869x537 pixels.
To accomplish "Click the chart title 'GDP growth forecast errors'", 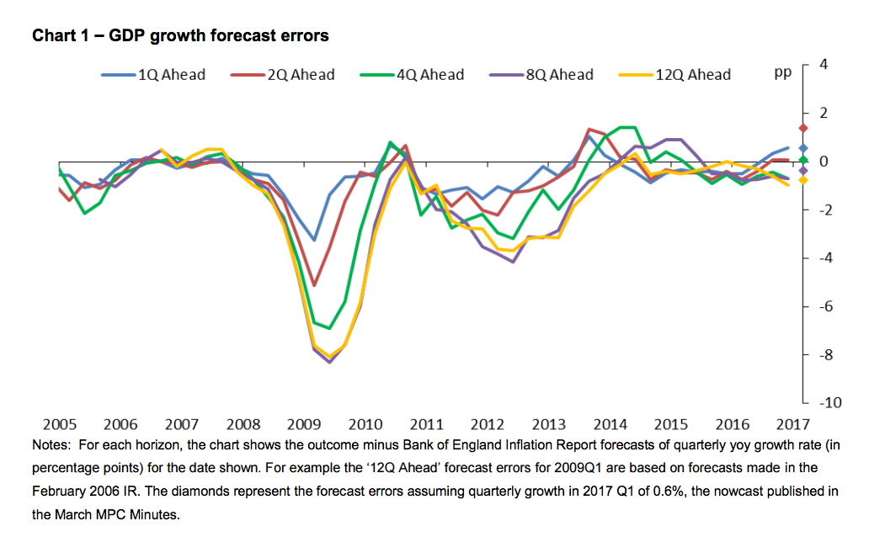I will click(179, 36).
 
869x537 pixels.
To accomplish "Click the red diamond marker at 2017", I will click(803, 128).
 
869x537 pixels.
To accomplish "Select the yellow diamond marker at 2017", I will click(803, 180).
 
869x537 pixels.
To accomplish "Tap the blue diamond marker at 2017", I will click(803, 147).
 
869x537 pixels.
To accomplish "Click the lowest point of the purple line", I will click(329, 362).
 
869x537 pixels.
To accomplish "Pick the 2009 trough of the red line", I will click(314, 285).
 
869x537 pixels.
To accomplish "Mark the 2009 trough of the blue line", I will click(314, 240).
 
